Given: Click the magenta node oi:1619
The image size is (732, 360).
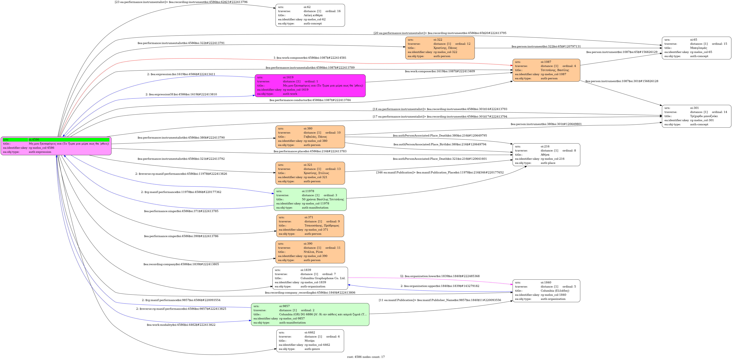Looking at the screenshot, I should pos(310,86).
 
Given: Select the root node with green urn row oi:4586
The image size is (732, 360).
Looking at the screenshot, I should pos(56,146).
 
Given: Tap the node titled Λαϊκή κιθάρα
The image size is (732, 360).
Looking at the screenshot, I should pos(310,15).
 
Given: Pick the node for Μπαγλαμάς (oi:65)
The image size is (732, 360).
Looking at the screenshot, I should pos(696,48).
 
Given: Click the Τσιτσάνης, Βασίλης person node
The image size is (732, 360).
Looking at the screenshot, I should pos(546,70).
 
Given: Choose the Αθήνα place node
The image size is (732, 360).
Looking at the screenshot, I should pos(546,155).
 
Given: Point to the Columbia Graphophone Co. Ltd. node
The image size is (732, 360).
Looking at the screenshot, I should pos(310,278).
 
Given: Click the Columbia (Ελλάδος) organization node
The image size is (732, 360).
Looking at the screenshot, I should pos(546,291).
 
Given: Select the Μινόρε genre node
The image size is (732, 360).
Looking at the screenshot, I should pos(310,341).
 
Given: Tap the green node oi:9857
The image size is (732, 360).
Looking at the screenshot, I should pos(310,314).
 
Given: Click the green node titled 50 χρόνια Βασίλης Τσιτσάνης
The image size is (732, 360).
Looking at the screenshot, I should pos(310,199).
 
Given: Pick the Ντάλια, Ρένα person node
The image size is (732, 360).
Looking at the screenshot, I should pos(310,252).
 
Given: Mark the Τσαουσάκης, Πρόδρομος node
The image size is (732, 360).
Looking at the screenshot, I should pos(310,226).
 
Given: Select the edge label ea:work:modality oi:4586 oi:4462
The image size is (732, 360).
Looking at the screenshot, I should pos(181,325).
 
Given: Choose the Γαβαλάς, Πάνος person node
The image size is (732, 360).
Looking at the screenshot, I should pos(310,137).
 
